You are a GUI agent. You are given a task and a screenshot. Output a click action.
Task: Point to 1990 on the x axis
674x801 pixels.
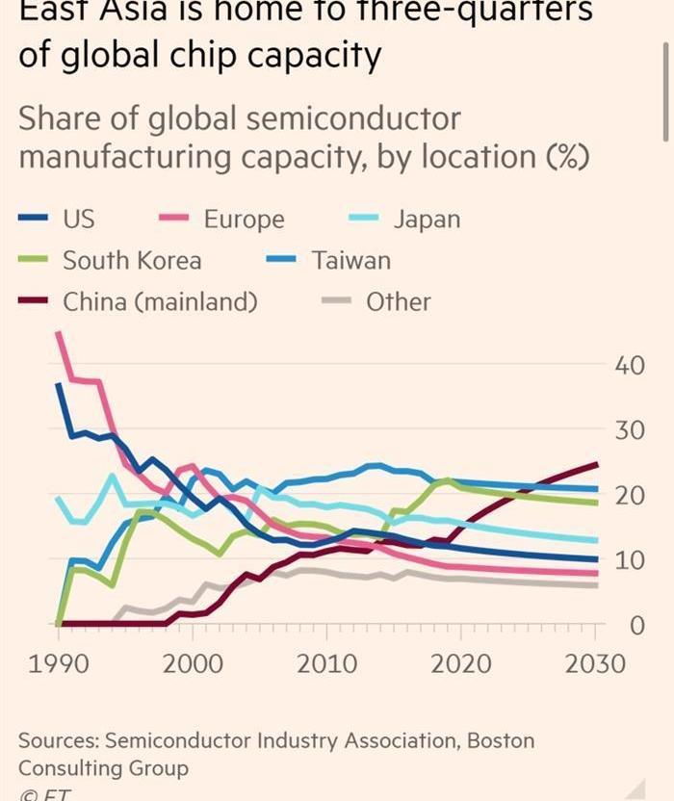[x=59, y=664]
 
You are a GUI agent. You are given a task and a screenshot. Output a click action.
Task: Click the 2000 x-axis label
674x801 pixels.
[x=194, y=664]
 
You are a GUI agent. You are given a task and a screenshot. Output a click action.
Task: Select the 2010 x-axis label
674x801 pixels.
[x=327, y=664]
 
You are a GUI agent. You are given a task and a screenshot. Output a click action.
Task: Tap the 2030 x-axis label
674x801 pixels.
[x=595, y=664]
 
